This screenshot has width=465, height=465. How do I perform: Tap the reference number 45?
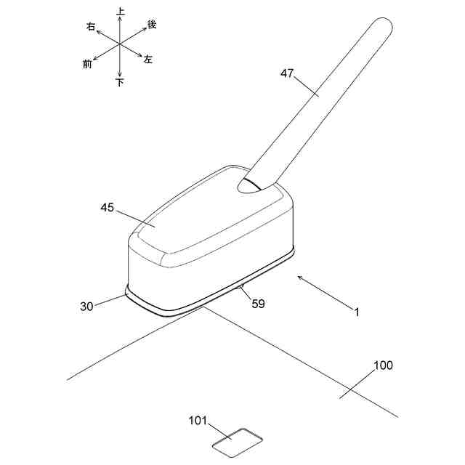[x=108, y=207]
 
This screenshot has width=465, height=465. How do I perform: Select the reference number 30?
[x=87, y=306]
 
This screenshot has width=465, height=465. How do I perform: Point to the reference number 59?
[x=258, y=304]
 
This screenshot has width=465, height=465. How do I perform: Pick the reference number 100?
[x=383, y=365]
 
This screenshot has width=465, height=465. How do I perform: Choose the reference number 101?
[x=198, y=420]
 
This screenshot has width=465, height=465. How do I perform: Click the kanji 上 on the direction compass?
[x=120, y=12]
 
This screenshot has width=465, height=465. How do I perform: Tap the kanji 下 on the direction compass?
[x=120, y=83]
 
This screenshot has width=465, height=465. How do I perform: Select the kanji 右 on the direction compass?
[x=91, y=26]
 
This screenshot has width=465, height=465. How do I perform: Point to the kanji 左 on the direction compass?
[x=148, y=59]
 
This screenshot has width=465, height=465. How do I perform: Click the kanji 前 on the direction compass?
[x=88, y=64]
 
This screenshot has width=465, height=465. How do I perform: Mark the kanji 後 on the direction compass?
[x=152, y=24]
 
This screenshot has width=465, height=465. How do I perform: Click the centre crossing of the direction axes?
[x=119, y=44]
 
